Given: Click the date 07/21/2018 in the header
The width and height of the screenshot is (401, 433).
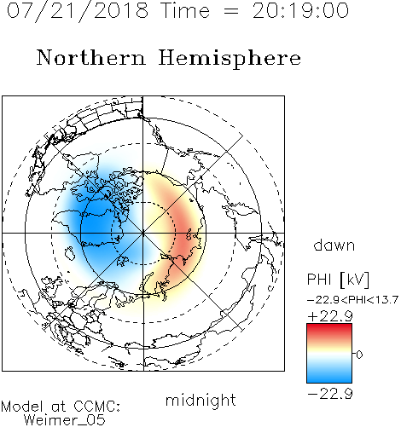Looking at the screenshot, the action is click(78, 11).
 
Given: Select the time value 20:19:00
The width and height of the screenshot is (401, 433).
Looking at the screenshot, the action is click(300, 10).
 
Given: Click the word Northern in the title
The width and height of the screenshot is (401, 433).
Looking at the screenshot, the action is click(91, 57).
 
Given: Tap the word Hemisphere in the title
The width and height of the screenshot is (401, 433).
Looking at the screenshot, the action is click(230, 59).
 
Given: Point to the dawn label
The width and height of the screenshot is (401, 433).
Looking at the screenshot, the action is click(334, 245).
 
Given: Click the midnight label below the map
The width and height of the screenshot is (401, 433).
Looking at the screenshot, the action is click(200, 401).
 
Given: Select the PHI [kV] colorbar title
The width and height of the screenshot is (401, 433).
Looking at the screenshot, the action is click(338, 280).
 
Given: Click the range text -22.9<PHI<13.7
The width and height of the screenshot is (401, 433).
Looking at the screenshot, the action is click(352, 300).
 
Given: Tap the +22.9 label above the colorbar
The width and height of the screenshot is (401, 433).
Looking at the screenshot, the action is click(330, 316).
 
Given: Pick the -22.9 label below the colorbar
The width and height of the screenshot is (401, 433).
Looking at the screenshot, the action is click(330, 394).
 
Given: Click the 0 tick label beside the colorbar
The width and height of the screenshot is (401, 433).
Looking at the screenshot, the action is click(359, 355).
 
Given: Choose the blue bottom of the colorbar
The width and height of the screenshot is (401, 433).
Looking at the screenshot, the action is click(329, 378).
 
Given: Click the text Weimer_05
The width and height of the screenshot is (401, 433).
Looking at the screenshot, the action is click(65, 420).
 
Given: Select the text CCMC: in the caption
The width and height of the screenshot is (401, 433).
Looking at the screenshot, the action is click(97, 407).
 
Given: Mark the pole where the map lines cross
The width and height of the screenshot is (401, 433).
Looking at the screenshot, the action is click(143, 233).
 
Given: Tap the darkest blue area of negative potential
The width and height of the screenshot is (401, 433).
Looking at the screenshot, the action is click(94, 224).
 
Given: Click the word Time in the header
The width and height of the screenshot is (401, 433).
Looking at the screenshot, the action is click(185, 10).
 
